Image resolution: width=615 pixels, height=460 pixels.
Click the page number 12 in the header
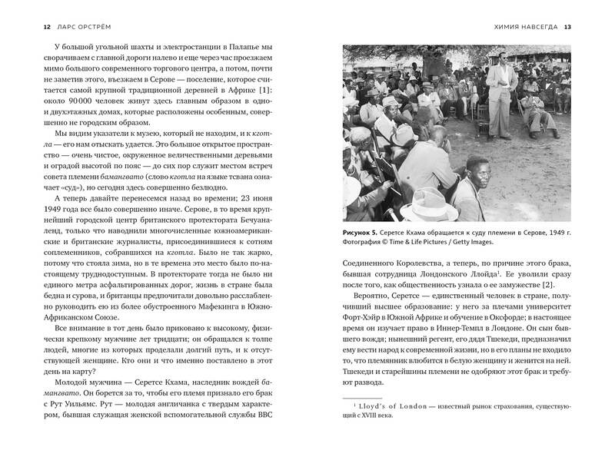click(27, 28)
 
